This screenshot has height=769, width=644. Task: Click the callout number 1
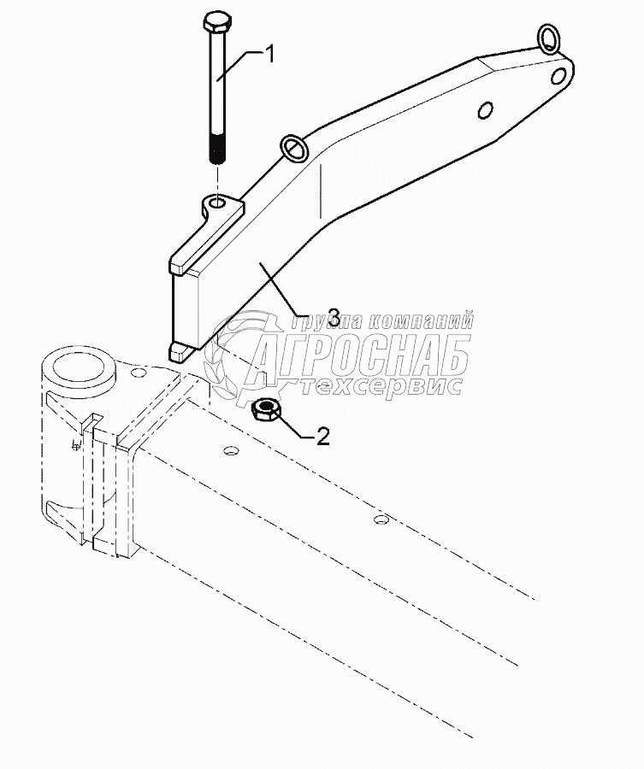269,56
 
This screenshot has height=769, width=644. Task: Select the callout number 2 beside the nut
322,437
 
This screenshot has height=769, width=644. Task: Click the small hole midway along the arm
484,110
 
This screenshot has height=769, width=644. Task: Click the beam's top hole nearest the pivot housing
230,450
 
